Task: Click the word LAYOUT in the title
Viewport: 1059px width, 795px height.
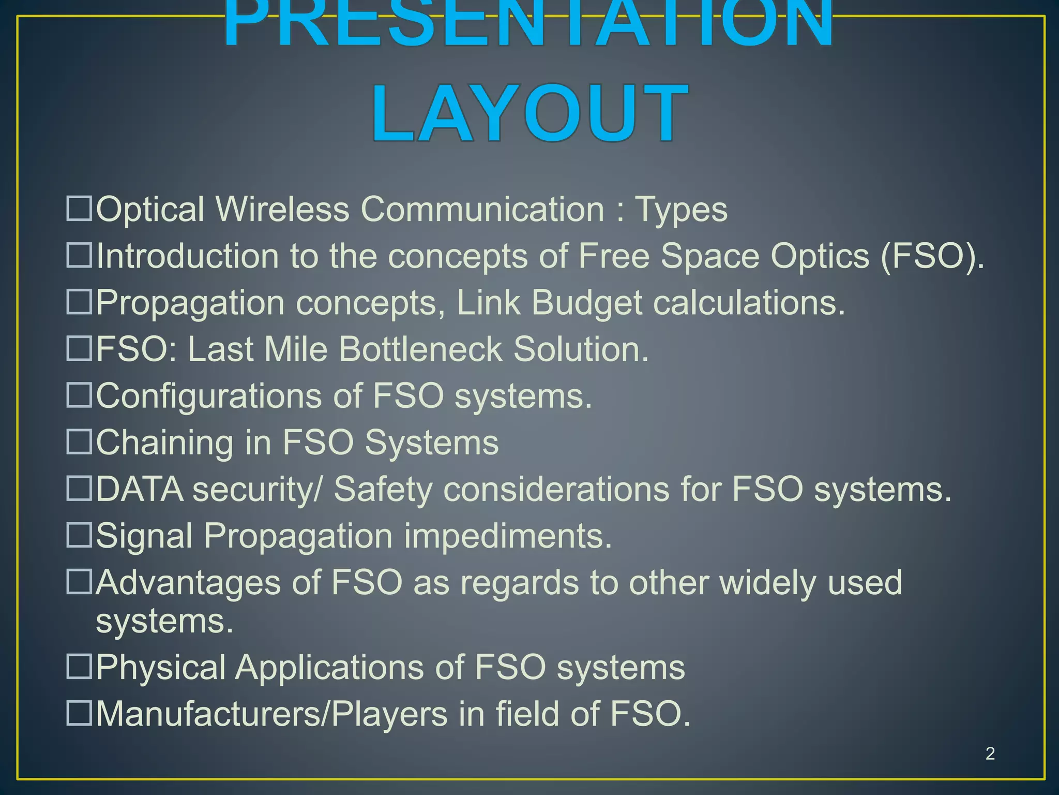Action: [530, 114]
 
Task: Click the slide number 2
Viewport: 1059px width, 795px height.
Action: [990, 753]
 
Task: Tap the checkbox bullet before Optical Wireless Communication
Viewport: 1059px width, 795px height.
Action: [79, 209]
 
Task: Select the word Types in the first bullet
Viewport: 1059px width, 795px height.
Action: [680, 210]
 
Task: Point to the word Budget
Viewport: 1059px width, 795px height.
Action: [586, 302]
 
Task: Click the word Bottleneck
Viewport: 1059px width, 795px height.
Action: [420, 349]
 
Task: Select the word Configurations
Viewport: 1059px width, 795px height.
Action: [208, 396]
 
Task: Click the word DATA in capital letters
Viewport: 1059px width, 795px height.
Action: [140, 489]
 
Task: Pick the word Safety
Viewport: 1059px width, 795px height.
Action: [382, 490]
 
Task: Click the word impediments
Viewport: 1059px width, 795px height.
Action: [508, 536]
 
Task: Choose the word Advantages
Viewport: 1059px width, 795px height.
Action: [188, 583]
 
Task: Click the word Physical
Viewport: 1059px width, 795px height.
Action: [161, 668]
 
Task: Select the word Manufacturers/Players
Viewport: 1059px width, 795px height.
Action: [272, 714]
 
